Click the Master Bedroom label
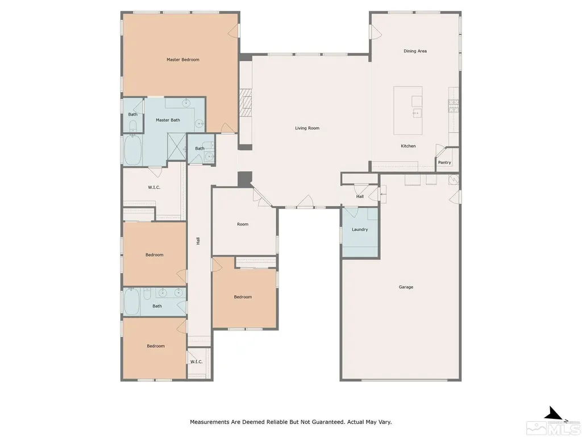182,59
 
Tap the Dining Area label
415,51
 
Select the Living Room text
307,128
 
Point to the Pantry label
444,162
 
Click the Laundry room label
360,230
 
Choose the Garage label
406,287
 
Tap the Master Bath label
168,120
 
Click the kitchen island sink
417,112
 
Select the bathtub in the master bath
132,150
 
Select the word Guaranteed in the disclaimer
326,422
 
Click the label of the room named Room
243,224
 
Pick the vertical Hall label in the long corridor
198,241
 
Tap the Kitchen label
408,146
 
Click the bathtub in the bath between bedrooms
132,302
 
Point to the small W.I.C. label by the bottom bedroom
196,361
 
